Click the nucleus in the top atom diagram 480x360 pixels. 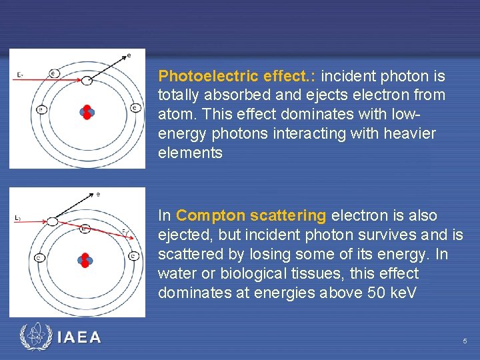[87, 111]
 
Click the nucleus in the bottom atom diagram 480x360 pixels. [85, 259]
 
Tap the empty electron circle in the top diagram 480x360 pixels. [87, 81]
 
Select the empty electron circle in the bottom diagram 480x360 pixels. [53, 221]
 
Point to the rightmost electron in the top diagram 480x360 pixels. [135, 108]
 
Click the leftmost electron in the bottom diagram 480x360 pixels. [39, 257]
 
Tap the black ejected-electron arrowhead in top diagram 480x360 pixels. [123, 56]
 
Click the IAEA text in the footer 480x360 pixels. [79, 338]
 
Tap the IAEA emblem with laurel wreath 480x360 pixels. [35, 337]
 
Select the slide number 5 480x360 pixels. [465, 341]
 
